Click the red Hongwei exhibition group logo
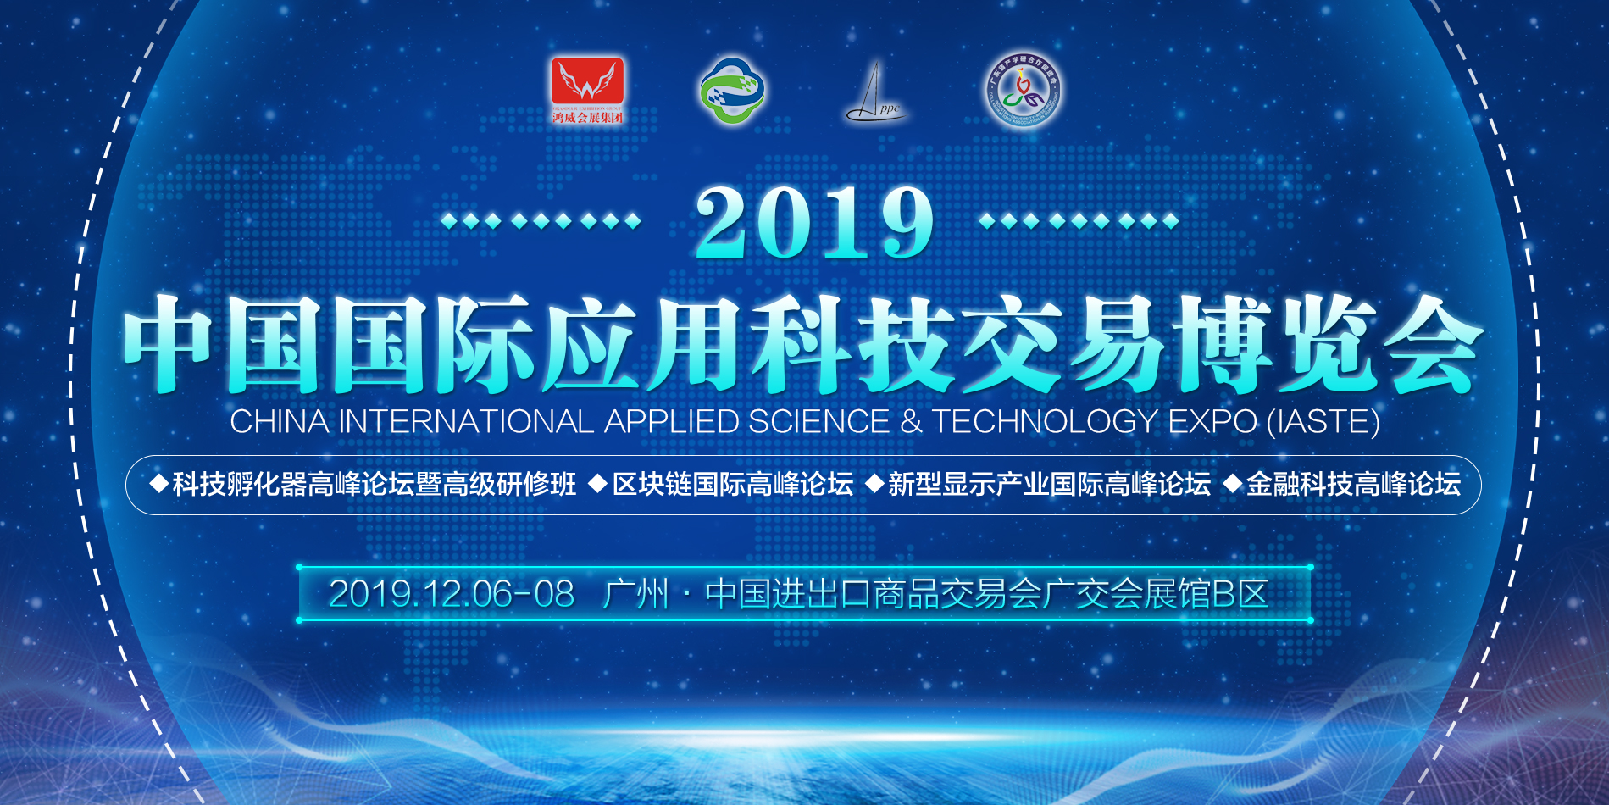[x=587, y=88]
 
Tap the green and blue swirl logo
[x=732, y=90]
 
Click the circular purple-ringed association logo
[x=1024, y=92]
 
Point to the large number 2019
[x=814, y=223]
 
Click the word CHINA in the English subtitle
[x=280, y=421]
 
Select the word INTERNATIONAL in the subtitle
[x=466, y=421]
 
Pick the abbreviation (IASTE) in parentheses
[x=1323, y=421]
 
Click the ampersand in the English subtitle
[x=911, y=421]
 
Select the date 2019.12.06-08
[x=451, y=594]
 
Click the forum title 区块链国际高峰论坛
[x=732, y=485]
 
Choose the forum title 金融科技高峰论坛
[x=1353, y=485]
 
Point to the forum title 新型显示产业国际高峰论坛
[x=1049, y=485]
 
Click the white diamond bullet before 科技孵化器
[x=158, y=484]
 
